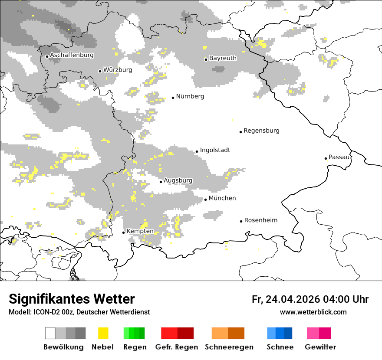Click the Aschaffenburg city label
coord(72,56)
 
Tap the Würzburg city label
coord(118,70)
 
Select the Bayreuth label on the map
coord(223,58)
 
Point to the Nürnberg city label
coord(190,96)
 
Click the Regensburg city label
coord(261,131)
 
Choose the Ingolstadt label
coord(215,150)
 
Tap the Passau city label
coord(339,157)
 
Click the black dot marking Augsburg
coord(161,182)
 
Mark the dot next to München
coord(205,200)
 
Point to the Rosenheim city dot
coord(241,221)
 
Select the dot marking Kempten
coord(123,232)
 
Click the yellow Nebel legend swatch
coord(103,333)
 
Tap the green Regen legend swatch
coord(134,333)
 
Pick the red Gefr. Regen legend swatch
coord(177,333)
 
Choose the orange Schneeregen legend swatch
coord(228,333)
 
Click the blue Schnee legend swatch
coord(280,333)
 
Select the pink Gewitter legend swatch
coord(319,333)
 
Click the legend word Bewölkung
coord(63,347)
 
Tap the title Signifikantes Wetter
coord(72,299)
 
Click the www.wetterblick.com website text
coord(313,312)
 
